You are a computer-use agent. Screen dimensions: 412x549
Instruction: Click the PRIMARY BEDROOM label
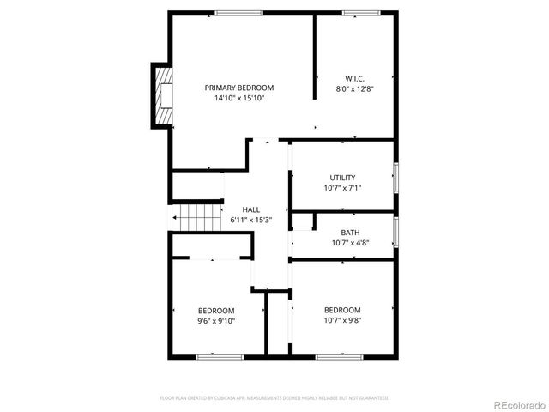pos(239,88)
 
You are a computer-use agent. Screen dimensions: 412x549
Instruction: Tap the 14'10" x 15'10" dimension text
pos(239,98)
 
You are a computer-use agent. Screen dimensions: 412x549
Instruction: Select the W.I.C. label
pos(355,78)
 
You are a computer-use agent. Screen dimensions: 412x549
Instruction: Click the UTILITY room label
pos(342,178)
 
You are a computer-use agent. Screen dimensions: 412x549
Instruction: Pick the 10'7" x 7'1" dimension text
pos(342,188)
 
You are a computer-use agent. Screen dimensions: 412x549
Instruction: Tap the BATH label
pos(350,233)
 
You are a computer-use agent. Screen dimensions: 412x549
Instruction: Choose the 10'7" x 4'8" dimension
pos(350,243)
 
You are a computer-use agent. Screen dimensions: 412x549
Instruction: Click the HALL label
pos(250,209)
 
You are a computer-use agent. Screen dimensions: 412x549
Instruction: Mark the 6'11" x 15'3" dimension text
pos(250,220)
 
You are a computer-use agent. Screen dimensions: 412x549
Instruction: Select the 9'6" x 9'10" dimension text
pos(216,321)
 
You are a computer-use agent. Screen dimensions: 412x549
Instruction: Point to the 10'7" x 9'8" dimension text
pos(342,320)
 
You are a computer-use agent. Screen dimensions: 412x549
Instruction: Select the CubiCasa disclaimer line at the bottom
pos(274,398)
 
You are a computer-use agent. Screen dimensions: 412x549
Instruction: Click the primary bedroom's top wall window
pos(239,12)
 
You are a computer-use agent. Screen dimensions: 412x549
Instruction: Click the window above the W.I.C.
pos(355,12)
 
